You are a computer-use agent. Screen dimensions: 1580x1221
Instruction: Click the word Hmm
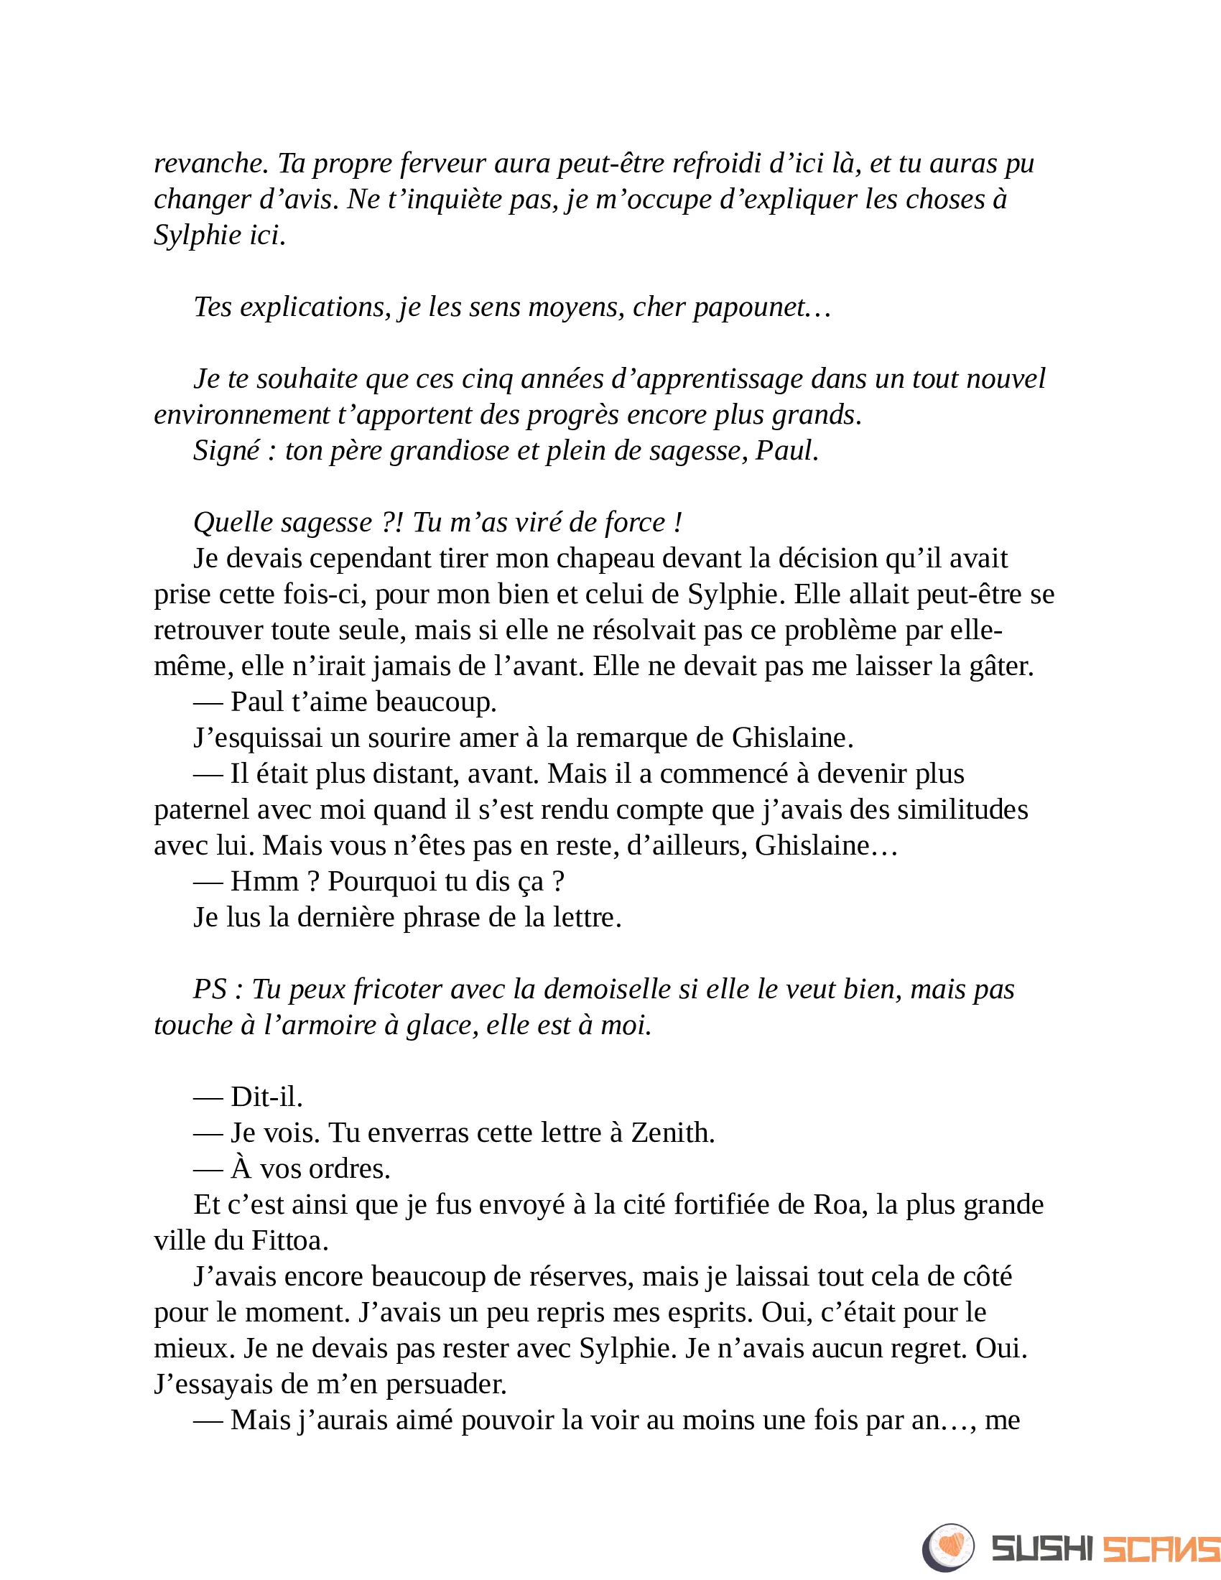264,881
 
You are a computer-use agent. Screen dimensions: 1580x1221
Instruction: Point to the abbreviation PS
210,990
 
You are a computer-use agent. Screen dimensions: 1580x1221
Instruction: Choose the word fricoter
398,990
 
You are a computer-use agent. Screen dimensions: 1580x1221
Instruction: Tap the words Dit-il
266,1097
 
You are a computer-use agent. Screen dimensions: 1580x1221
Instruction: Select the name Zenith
672,1133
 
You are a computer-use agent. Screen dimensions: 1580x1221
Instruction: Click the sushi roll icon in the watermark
948,1548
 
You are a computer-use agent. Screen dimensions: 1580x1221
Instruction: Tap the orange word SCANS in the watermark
1161,1549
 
